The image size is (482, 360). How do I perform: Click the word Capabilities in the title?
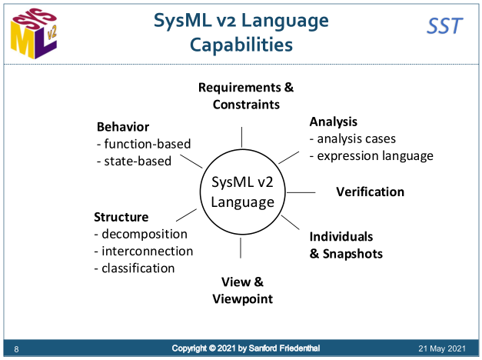(x=241, y=45)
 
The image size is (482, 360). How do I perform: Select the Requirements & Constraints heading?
(x=246, y=95)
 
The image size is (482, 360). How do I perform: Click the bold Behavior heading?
(x=123, y=127)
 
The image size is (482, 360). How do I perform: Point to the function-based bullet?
(x=144, y=144)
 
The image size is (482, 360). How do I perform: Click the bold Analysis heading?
(x=334, y=122)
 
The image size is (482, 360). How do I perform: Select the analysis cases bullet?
(x=353, y=139)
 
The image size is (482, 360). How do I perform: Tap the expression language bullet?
(x=371, y=155)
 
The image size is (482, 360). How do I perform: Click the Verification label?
(x=370, y=192)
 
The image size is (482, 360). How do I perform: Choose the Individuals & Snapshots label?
(x=346, y=245)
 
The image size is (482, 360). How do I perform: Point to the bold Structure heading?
(x=121, y=217)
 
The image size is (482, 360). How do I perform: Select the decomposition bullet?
(x=141, y=234)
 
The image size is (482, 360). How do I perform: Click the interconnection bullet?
(x=144, y=251)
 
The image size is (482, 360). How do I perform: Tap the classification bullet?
(x=135, y=268)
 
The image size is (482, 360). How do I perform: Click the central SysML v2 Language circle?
(x=242, y=192)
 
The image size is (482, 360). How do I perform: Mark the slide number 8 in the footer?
(x=16, y=350)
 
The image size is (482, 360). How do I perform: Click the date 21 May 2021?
(x=443, y=348)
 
